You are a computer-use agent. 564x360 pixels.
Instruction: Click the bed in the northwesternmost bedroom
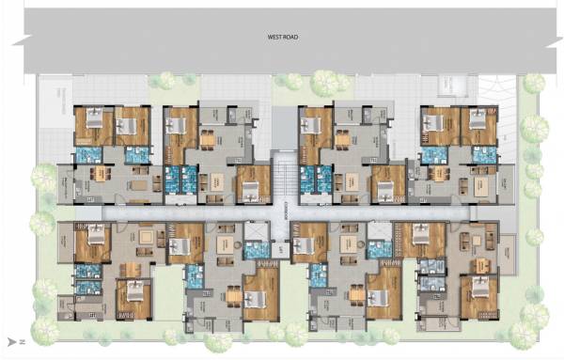pyautogui.click(x=94, y=120)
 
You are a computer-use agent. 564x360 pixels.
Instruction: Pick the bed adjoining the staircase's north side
pyautogui.click(x=249, y=189)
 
